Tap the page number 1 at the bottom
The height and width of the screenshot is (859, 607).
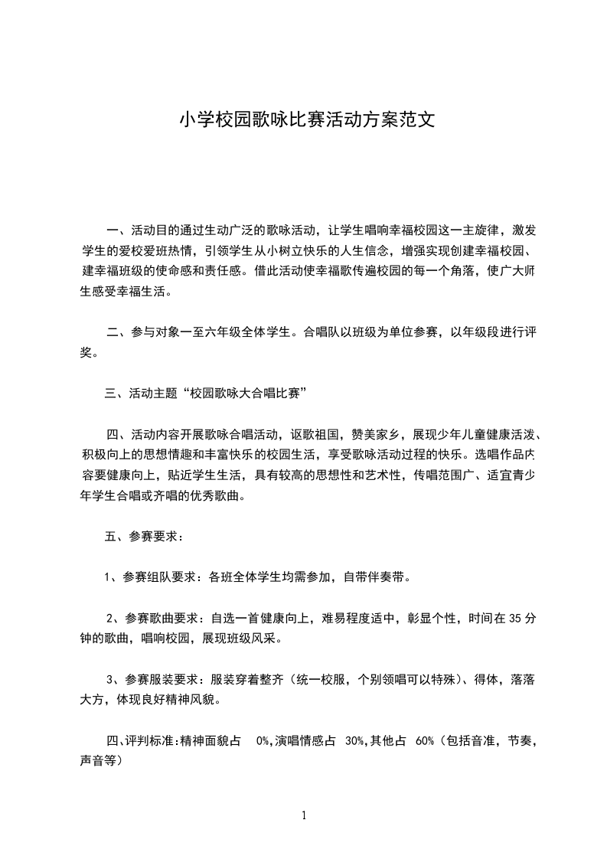304,815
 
